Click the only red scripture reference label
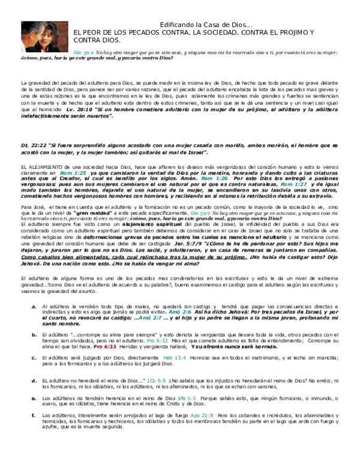[105, 347]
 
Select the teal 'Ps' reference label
[157, 341]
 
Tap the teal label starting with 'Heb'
[175, 358]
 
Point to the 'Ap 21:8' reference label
[202, 416]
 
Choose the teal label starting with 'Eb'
[187, 399]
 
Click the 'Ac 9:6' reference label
[156, 381]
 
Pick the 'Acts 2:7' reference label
[150, 318]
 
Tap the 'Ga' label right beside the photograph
[83, 53]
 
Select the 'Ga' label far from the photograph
[200, 214]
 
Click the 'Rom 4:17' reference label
[73, 174]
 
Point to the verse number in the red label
[110, 347]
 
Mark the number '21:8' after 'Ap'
[208, 416]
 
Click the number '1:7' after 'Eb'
[191, 399]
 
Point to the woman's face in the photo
[45, 37]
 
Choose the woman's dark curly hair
[53, 29]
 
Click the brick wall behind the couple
[63, 30]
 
